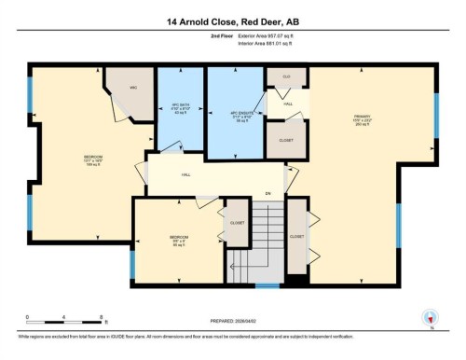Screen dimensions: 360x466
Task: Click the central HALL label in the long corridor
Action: tap(186, 173)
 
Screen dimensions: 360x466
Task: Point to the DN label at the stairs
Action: tap(267, 193)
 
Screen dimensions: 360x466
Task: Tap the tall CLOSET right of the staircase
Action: tap(296, 237)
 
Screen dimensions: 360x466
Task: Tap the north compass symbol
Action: tap(431, 318)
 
